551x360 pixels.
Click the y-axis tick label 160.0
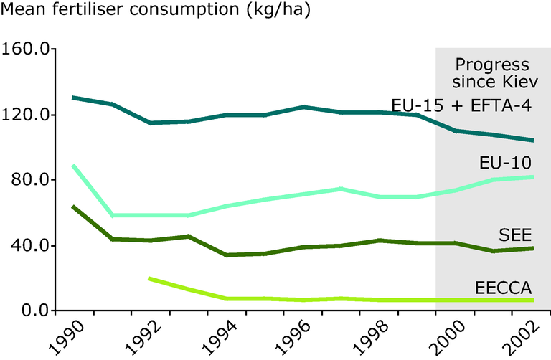click(x=25, y=50)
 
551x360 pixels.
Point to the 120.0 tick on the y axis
click(x=25, y=115)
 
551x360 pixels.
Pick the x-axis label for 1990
click(x=65, y=336)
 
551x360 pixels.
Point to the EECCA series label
click(x=502, y=288)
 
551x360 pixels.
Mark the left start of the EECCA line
click(x=149, y=278)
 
